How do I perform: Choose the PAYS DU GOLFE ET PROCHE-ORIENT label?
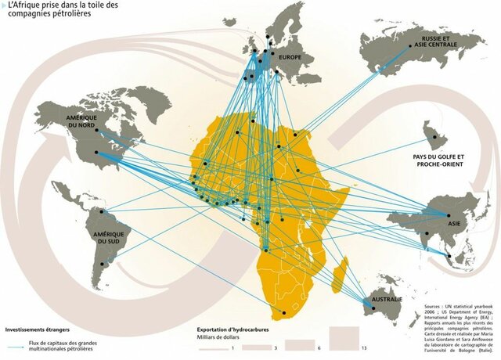click(x=438, y=161)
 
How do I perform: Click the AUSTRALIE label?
click(x=387, y=300)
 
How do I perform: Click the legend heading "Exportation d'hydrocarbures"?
click(x=232, y=329)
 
